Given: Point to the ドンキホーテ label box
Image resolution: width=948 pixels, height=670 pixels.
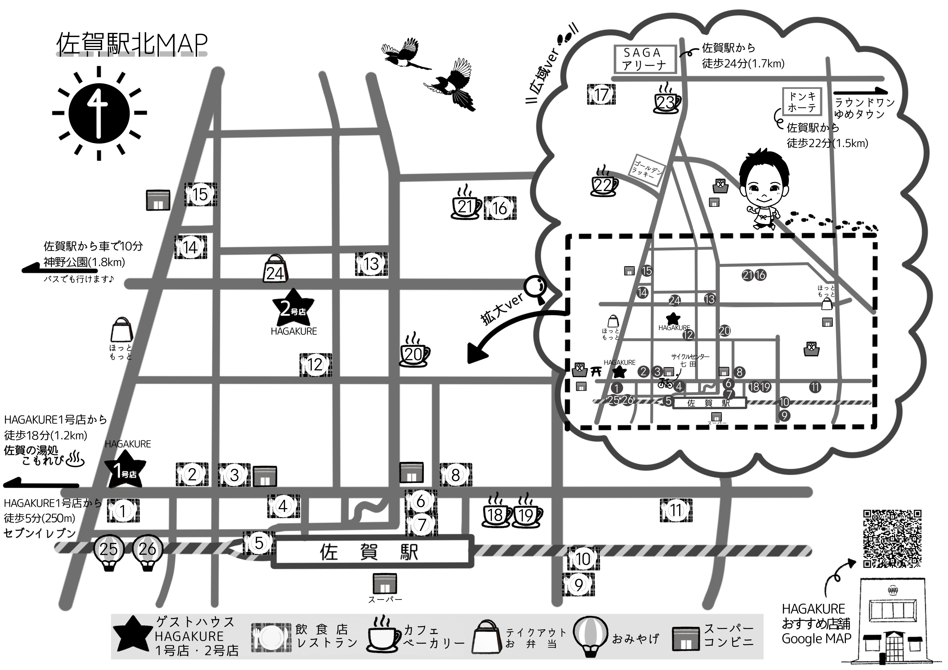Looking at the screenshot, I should pyautogui.click(x=802, y=102).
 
